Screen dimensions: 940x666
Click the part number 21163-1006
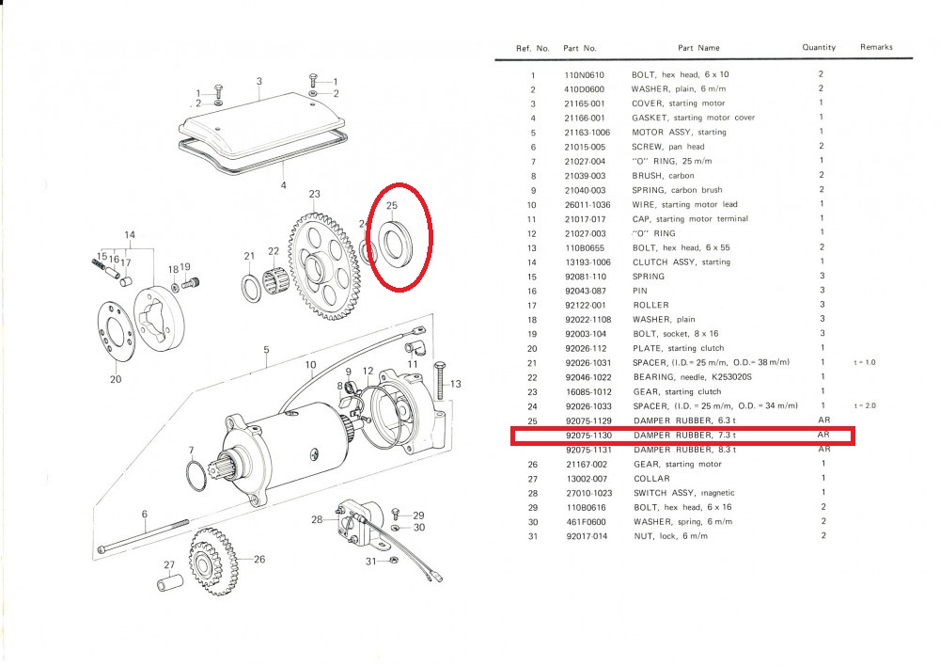[587, 133]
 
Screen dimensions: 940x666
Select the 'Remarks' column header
[876, 47]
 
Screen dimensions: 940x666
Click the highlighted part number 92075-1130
[588, 435]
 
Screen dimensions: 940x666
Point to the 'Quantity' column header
[819, 47]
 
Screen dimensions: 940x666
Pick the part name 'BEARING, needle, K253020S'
[693, 377]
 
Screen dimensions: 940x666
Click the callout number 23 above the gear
[314, 194]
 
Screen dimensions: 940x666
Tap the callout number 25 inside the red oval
[391, 205]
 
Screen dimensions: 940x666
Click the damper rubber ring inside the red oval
[393, 243]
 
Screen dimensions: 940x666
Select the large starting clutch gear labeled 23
[321, 267]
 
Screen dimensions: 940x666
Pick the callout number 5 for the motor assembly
[266, 350]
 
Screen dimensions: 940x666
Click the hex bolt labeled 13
[440, 380]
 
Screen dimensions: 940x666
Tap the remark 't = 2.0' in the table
[865, 406]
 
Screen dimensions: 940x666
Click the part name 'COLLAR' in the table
[651, 479]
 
